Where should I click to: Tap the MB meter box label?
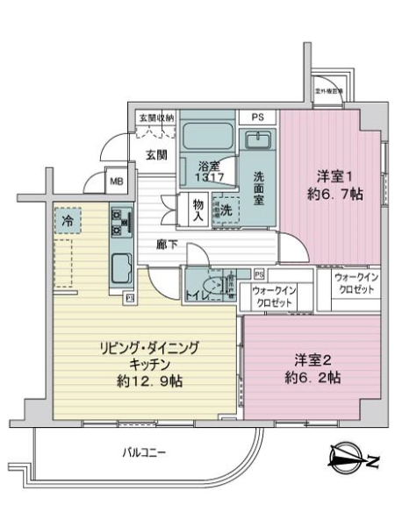coord(116,182)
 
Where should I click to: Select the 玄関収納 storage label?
coord(155,117)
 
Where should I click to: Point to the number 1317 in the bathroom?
coord(207,177)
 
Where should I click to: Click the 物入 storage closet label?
coord(198,210)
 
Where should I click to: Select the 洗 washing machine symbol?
coord(226,210)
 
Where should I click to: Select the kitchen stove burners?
coord(118,224)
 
